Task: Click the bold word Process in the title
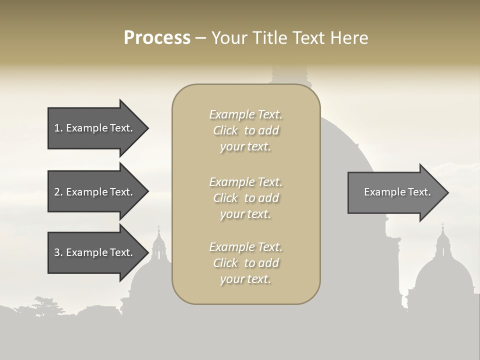(x=157, y=37)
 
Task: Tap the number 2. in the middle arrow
(x=58, y=192)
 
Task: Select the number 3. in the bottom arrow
(x=58, y=252)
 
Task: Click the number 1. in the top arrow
(x=58, y=128)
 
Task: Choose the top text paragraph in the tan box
(x=245, y=130)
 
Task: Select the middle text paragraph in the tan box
(x=245, y=197)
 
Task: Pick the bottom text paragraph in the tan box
(x=245, y=263)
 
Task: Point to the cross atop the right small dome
(x=442, y=226)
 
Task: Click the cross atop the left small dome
(x=159, y=228)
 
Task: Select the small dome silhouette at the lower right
(x=444, y=277)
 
